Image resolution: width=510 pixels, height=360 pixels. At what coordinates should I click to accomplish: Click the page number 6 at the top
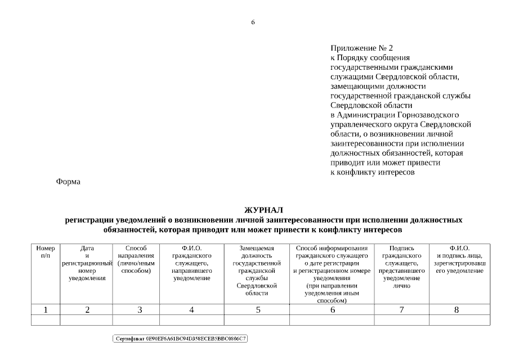pos(253,22)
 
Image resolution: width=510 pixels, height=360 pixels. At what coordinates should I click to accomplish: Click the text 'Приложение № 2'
pos(361,48)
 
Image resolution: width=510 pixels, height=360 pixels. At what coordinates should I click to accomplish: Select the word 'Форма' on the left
pos(68,182)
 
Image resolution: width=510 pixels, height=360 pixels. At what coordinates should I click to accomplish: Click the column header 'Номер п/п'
pos(46,251)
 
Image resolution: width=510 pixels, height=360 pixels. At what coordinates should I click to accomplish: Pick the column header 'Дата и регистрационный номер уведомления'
pos(87,263)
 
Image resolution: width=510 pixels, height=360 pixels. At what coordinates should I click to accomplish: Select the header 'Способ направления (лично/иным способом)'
pos(136,259)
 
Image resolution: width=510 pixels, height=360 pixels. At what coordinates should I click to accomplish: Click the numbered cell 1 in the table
pos(46,309)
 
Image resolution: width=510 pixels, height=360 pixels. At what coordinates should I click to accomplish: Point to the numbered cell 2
pos(87,309)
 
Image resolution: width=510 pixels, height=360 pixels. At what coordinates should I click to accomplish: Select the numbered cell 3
pos(140,309)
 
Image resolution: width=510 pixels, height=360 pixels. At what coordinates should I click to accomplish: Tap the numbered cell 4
pos(191,309)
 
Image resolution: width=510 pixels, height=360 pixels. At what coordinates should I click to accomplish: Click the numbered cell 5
pos(258,309)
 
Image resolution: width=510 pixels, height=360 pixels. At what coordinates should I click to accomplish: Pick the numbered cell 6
pos(332,309)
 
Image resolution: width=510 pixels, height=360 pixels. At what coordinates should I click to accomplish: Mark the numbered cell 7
pos(401,309)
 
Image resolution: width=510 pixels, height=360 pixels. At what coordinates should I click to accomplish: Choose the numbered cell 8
pos(457,309)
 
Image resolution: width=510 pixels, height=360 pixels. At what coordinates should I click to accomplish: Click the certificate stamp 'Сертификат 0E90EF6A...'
pos(181,339)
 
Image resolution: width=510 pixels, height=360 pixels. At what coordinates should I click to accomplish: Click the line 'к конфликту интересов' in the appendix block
pos(372,172)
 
